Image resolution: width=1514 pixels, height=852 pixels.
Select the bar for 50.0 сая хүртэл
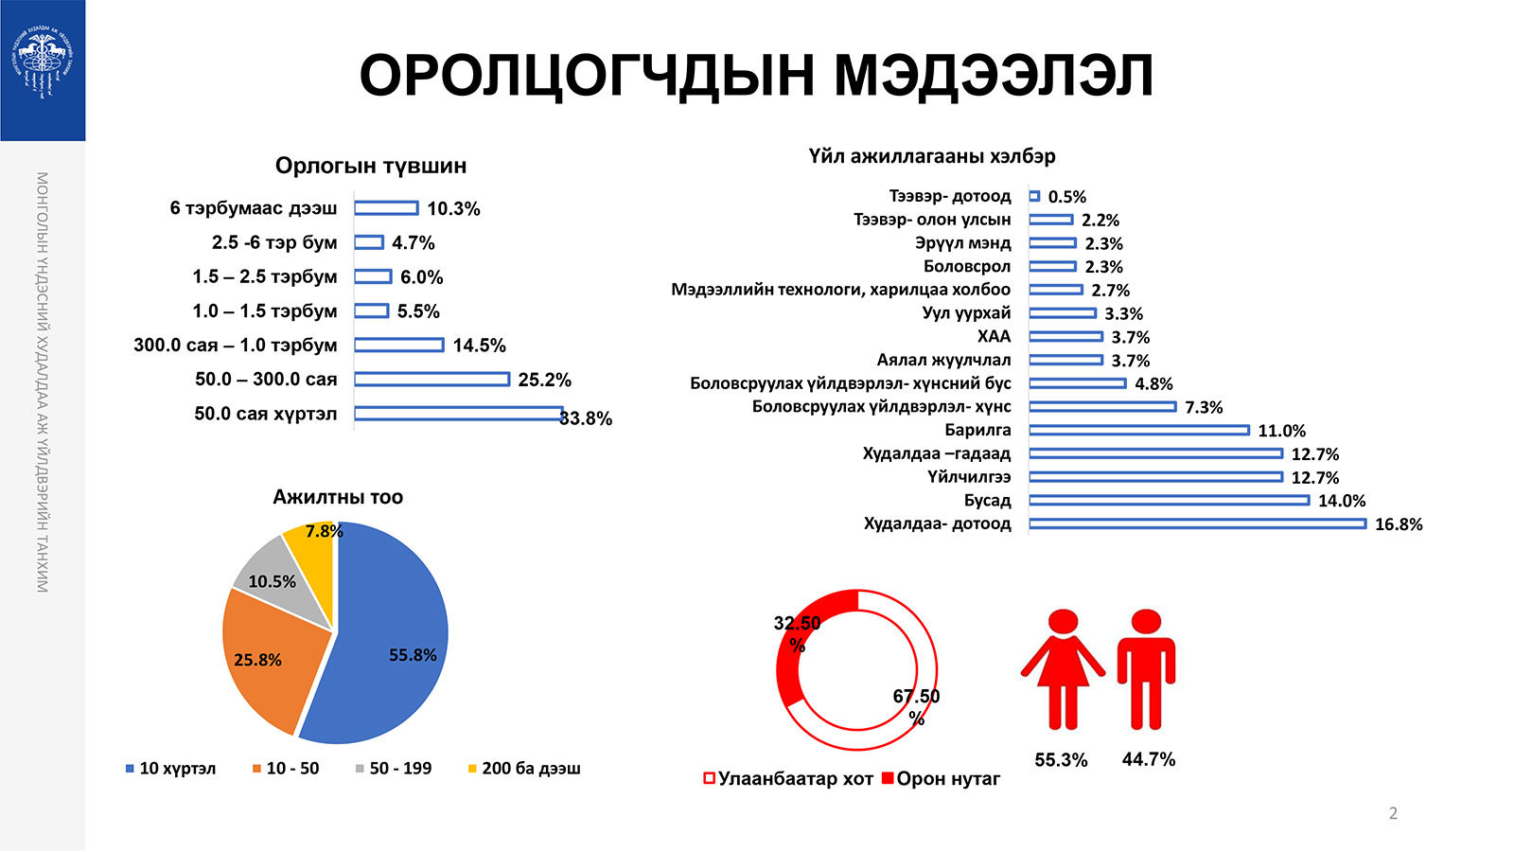[x=458, y=413]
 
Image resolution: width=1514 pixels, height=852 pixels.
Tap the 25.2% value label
[x=544, y=380]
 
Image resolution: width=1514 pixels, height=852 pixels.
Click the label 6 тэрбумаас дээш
[x=253, y=208]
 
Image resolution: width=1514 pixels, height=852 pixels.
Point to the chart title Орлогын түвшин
[x=370, y=166]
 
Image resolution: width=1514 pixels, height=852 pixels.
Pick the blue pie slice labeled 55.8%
[x=397, y=644]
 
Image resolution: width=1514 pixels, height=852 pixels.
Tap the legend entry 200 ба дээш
[x=524, y=769]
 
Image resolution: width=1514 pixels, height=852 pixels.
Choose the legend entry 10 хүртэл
[x=170, y=769]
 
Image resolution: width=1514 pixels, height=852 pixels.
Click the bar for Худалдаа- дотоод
[x=1197, y=524]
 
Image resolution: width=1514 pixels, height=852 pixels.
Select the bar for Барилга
[x=1138, y=430]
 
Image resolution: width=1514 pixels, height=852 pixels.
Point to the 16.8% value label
[x=1398, y=524]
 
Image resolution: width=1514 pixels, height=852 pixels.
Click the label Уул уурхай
[x=966, y=312]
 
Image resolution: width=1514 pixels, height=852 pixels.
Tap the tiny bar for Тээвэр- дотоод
[x=1034, y=196]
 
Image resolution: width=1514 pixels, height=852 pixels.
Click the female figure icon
[x=1063, y=667]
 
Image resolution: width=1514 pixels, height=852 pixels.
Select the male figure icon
[x=1146, y=667]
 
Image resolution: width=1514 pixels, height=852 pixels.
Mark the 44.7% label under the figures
[x=1148, y=759]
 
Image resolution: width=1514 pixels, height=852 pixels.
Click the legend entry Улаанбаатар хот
[x=787, y=779]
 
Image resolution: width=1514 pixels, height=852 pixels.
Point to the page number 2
[x=1392, y=813]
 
